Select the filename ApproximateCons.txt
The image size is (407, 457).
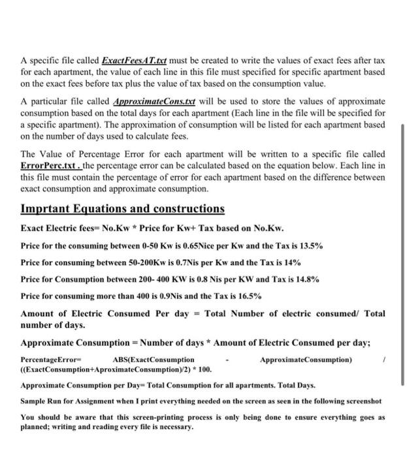tap(155, 103)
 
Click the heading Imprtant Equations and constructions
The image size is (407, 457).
tap(123, 209)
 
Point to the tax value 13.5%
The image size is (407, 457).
tap(308, 245)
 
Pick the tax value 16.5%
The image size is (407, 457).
tap(248, 296)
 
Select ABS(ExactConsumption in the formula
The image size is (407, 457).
tap(154, 360)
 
